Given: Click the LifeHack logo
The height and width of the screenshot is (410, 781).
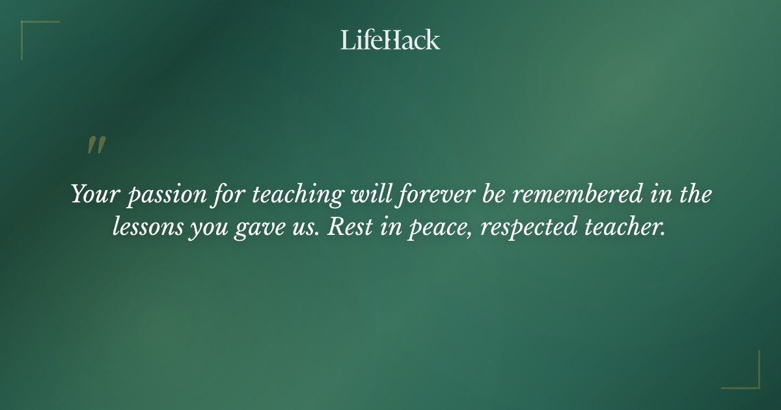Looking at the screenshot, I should click(x=390, y=40).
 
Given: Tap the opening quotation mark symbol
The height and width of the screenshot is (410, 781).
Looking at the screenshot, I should click(x=96, y=146).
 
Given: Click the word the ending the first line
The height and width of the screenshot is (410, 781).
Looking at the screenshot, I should click(x=692, y=195).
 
